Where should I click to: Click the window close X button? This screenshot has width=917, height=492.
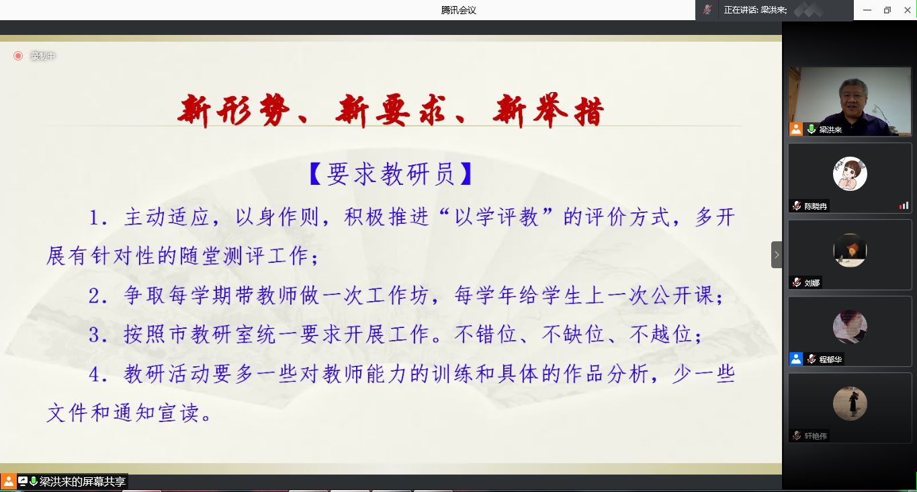click(907, 10)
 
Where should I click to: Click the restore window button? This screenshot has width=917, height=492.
click(887, 10)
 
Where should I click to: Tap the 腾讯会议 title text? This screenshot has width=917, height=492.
click(458, 10)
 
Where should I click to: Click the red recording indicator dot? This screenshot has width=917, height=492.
click(18, 56)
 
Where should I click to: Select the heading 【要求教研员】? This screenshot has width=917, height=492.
click(391, 173)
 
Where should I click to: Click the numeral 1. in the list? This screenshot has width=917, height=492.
click(98, 217)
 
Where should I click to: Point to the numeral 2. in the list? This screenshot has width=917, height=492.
click(98, 296)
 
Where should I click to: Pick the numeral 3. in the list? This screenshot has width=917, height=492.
click(98, 335)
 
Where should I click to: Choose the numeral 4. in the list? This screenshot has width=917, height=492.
click(98, 374)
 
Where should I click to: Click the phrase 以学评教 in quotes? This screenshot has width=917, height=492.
click(496, 217)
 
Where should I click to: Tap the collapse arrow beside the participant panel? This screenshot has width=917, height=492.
click(776, 255)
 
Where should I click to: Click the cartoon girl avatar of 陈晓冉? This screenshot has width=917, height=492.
click(850, 173)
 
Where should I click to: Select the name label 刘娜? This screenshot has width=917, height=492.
click(812, 283)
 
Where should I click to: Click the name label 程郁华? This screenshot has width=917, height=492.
click(830, 360)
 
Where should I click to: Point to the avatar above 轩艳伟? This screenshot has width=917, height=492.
click(850, 403)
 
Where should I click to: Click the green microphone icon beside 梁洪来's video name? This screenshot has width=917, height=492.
click(811, 130)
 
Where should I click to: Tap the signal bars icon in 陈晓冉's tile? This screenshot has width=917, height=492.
click(904, 206)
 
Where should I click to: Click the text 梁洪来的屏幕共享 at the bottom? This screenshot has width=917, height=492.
click(82, 481)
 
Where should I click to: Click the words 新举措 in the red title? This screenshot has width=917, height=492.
click(548, 111)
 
